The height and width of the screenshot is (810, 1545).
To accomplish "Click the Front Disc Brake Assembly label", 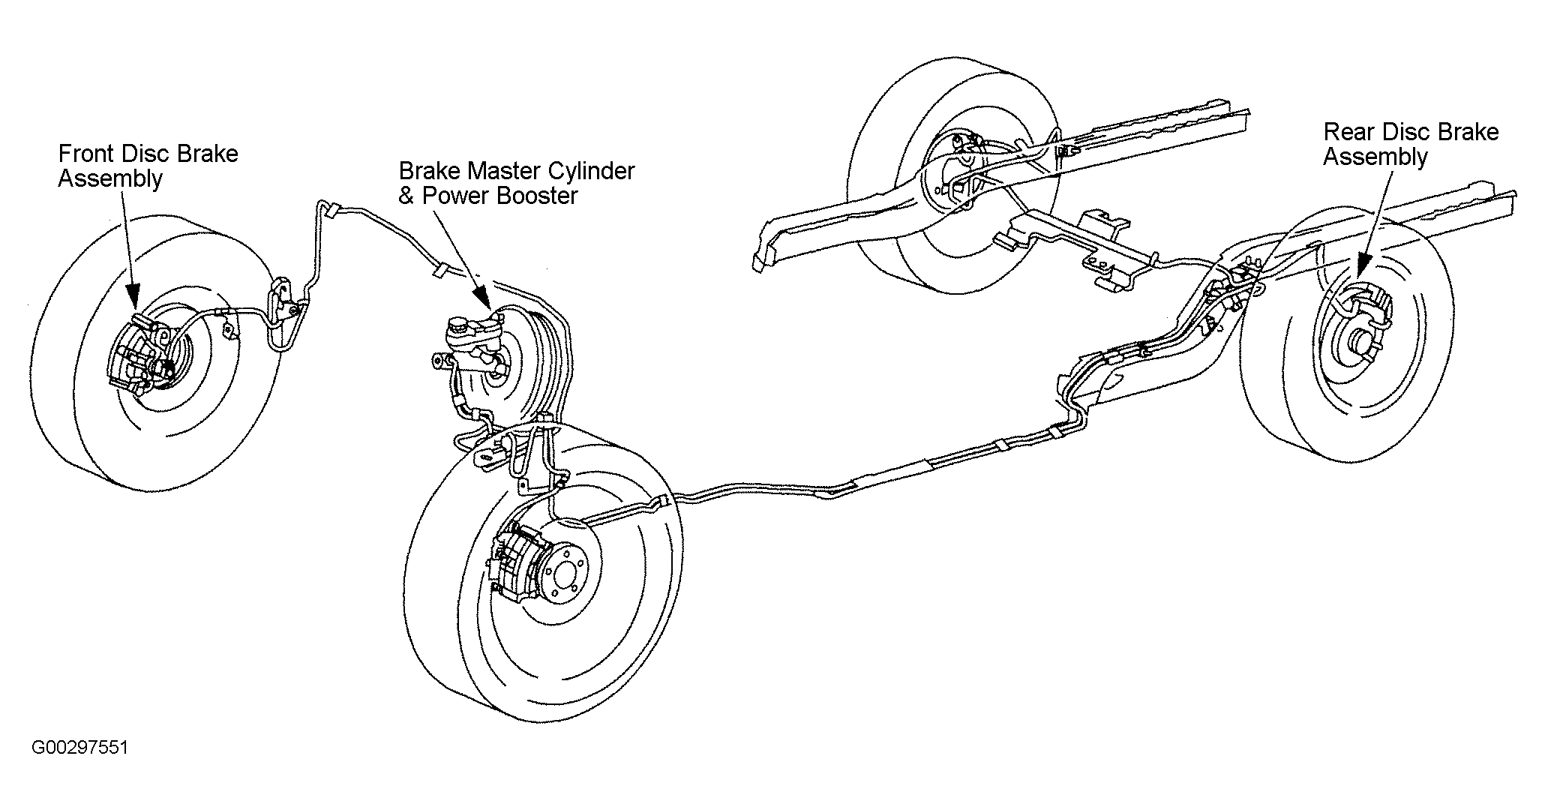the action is (148, 166).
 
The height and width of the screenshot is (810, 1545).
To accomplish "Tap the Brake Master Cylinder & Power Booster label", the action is (517, 183).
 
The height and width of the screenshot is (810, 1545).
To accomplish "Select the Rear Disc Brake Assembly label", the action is (1411, 144).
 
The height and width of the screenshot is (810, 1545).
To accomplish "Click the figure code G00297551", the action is (79, 748).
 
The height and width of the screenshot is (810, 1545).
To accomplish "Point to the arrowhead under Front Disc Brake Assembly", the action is (133, 298).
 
